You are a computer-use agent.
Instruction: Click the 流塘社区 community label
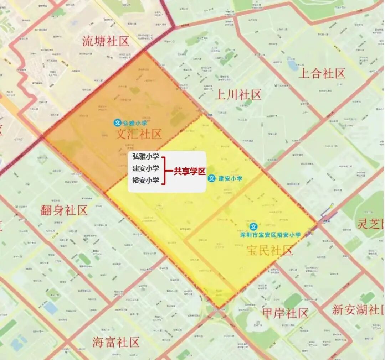click(106, 41)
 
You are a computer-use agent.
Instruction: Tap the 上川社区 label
click(238, 94)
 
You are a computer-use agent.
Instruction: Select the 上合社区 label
click(322, 73)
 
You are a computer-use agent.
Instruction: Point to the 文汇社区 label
click(138, 134)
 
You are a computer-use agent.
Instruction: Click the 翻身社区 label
click(64, 210)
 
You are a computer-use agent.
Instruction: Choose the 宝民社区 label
click(269, 250)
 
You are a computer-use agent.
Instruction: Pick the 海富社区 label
click(115, 342)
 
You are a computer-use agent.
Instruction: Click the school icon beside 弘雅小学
click(118, 123)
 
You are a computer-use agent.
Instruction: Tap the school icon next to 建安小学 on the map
click(212, 178)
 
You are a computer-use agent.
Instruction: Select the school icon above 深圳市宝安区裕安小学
click(253, 226)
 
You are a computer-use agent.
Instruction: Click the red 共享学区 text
click(189, 171)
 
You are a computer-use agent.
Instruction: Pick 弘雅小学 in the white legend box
click(145, 157)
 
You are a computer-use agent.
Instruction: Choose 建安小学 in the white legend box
click(145, 168)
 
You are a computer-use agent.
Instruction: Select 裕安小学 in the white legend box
click(145, 180)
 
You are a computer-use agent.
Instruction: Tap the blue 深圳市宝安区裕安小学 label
click(271, 235)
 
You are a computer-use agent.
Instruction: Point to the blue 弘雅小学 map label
click(135, 123)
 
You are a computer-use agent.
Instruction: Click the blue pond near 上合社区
click(293, 65)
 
